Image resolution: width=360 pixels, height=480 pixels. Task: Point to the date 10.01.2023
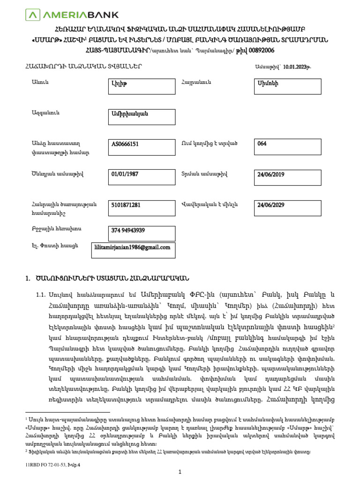click(297, 67)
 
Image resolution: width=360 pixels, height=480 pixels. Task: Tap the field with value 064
click(287, 147)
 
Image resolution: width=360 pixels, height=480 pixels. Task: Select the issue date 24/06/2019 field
click(287, 176)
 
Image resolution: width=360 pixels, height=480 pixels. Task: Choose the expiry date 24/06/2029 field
click(287, 206)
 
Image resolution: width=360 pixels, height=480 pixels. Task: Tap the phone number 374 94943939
click(128, 230)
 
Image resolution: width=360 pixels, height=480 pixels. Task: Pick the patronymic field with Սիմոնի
click(287, 86)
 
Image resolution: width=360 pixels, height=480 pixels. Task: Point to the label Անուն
click(40, 82)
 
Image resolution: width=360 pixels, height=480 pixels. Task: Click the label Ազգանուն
click(45, 113)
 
